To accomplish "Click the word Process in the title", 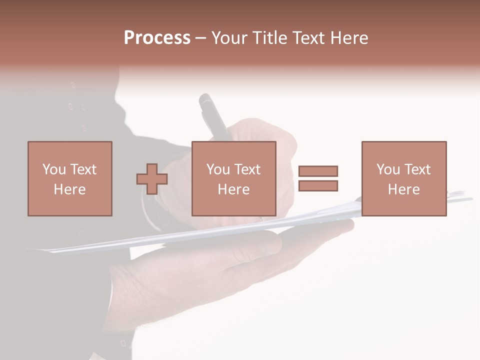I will [157, 38].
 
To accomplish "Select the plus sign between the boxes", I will [152, 179].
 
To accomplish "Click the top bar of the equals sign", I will [318, 171].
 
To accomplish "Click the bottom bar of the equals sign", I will [318, 185].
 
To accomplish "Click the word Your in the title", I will [229, 38].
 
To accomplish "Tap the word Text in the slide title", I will [307, 38].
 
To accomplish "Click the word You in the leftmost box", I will [54, 169].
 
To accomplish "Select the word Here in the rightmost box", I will [403, 189].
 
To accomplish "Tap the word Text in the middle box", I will [247, 169].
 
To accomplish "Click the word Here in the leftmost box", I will [69, 189].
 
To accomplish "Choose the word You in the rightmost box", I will [388, 169].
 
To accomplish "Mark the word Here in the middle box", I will [233, 189].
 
